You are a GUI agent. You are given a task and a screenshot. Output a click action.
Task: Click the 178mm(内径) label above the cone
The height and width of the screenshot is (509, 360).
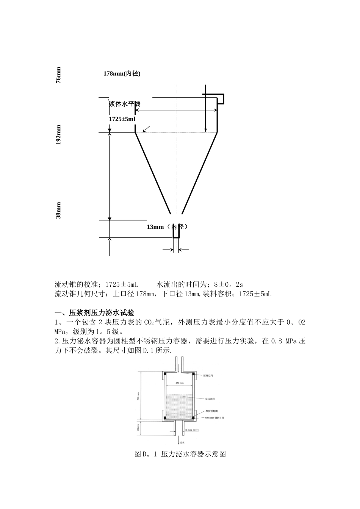122,73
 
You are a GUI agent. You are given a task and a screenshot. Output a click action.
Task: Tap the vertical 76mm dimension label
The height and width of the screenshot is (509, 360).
58,75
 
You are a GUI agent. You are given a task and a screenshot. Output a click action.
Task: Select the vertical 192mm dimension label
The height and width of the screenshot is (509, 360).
58,135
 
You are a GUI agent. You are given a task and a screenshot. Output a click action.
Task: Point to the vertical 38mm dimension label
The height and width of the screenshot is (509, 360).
58,210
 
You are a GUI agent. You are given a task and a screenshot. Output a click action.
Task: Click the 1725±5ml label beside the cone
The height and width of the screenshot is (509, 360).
122,119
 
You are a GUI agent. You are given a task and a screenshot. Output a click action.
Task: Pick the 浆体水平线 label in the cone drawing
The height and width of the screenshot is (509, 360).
125,104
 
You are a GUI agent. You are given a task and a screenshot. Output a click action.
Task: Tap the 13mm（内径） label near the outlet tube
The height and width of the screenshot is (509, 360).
167,227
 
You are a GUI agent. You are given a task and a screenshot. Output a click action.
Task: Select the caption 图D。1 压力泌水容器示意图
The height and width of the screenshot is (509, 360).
180,454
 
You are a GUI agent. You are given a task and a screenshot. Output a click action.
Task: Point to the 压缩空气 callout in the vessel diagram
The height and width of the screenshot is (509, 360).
208,376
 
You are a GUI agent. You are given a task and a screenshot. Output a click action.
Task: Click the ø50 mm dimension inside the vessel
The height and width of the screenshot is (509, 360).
180,383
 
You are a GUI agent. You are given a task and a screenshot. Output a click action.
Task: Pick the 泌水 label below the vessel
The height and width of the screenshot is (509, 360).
182,442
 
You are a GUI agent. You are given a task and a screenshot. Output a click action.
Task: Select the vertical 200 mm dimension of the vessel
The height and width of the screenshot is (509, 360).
139,397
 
